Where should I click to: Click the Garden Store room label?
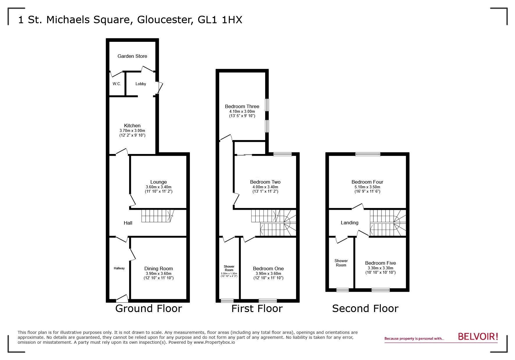132,56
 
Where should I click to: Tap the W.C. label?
117,84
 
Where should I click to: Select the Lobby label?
141,84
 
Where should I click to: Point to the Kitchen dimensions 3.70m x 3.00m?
132,131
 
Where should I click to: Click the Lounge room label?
158,182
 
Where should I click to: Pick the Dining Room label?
158,268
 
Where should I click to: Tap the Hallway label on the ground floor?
119,268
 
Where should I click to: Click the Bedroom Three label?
242,106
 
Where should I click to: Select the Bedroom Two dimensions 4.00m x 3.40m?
265,187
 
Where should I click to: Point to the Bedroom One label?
268,268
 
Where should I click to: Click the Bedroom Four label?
367,182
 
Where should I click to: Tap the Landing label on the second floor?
349,223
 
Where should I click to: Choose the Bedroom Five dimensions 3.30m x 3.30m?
380,268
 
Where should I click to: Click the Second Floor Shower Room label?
341,263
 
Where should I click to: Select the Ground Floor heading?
148,308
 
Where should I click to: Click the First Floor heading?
257,308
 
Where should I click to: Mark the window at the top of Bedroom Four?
368,154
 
